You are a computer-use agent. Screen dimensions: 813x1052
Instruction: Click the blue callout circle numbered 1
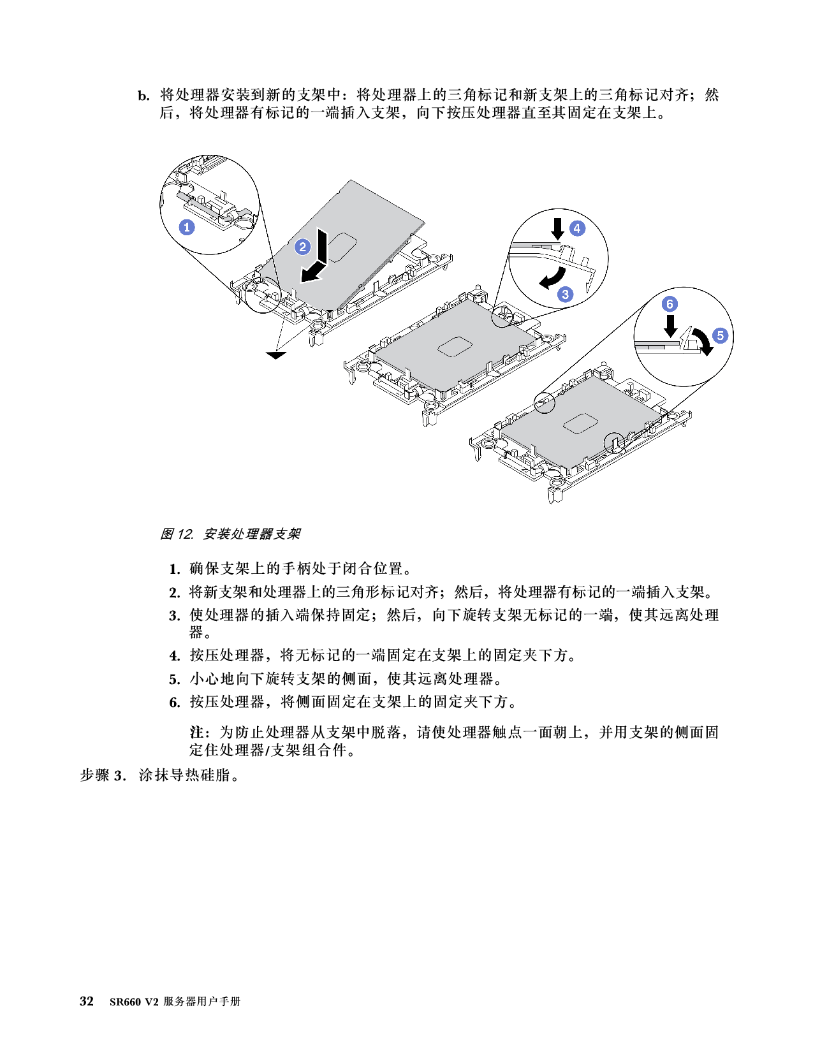(x=187, y=227)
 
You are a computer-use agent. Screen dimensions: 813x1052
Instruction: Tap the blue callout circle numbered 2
(x=303, y=247)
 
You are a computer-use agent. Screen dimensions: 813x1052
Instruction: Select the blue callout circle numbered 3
(x=565, y=295)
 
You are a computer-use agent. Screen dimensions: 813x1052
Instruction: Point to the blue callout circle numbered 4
(x=576, y=228)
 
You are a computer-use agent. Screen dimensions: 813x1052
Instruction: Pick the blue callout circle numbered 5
(x=720, y=335)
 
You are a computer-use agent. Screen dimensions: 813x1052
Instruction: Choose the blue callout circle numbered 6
(x=670, y=304)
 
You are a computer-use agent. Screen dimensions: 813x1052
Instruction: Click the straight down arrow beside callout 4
(x=558, y=228)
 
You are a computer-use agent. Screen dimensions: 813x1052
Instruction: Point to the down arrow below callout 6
(x=671, y=326)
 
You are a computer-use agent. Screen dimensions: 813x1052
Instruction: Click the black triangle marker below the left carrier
(x=276, y=356)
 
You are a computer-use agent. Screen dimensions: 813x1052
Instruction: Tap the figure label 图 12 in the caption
(x=176, y=534)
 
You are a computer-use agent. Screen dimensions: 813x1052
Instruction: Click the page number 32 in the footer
(x=86, y=1002)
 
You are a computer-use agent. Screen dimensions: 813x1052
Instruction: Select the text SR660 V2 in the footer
(x=134, y=1002)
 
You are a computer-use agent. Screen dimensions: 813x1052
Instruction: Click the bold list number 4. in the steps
(x=175, y=656)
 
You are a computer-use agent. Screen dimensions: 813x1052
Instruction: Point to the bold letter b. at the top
(x=144, y=96)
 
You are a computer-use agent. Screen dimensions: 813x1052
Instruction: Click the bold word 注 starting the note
(x=196, y=731)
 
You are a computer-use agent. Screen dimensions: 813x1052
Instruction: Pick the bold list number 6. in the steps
(x=175, y=703)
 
